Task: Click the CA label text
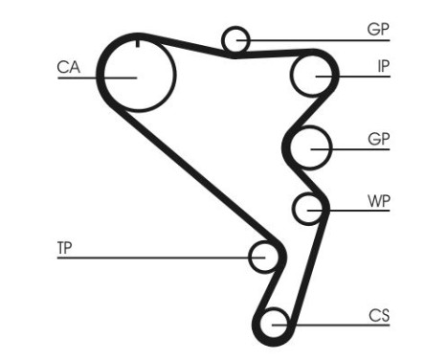click(x=68, y=67)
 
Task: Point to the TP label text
click(x=64, y=248)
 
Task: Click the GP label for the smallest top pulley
click(x=378, y=29)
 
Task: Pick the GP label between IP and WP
click(x=378, y=138)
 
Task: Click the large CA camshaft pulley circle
click(x=138, y=75)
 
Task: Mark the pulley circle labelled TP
click(x=263, y=257)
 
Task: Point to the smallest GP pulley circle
click(x=235, y=39)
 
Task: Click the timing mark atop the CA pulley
click(x=138, y=42)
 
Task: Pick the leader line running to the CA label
click(x=81, y=76)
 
